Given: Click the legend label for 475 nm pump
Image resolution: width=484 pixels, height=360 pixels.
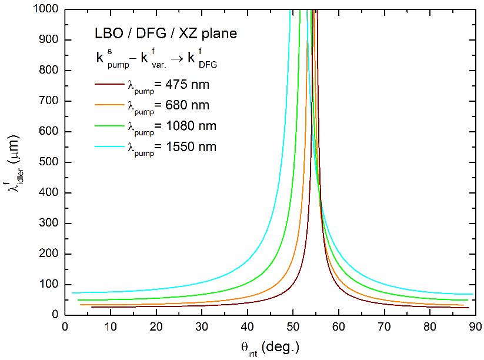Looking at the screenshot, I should [x=168, y=85].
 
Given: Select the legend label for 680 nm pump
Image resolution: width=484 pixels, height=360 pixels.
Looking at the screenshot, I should [x=168, y=106].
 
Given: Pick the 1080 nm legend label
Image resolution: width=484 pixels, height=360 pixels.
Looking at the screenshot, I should [x=171, y=126].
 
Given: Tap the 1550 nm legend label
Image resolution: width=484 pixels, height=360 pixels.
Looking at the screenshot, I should [x=171, y=146].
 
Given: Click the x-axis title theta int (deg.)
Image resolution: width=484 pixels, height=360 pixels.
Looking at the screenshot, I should [x=269, y=347].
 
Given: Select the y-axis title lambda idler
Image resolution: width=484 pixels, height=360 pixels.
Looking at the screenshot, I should [x=16, y=162].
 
